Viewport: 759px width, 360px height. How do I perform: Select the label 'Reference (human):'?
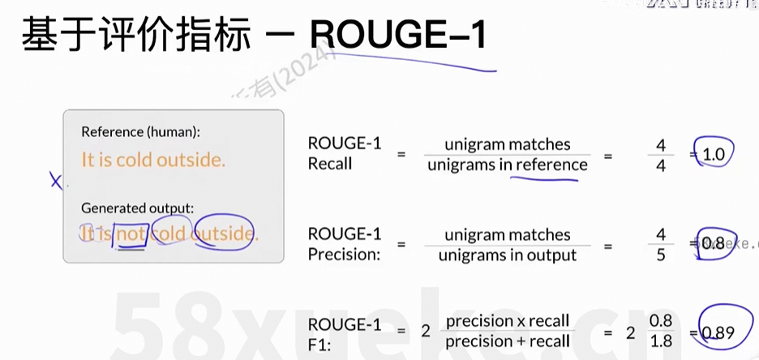(140, 131)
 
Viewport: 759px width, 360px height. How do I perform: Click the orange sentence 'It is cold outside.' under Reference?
(153, 160)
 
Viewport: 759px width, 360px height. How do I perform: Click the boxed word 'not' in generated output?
(131, 234)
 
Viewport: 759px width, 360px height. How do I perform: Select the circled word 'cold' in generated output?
(169, 234)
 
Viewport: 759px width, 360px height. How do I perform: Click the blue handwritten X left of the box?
(56, 182)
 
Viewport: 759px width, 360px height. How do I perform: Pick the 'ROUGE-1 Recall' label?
(344, 153)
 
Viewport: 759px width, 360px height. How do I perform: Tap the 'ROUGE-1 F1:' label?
(344, 333)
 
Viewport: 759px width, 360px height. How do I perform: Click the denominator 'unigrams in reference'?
(507, 165)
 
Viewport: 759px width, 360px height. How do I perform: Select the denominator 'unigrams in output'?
(507, 255)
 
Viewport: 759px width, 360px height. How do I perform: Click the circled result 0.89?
(717, 332)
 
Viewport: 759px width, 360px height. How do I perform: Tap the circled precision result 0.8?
(713, 243)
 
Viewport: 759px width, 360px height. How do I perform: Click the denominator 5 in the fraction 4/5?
(661, 255)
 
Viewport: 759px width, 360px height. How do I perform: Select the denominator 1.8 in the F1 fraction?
(661, 341)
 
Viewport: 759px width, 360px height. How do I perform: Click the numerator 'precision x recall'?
(508, 320)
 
